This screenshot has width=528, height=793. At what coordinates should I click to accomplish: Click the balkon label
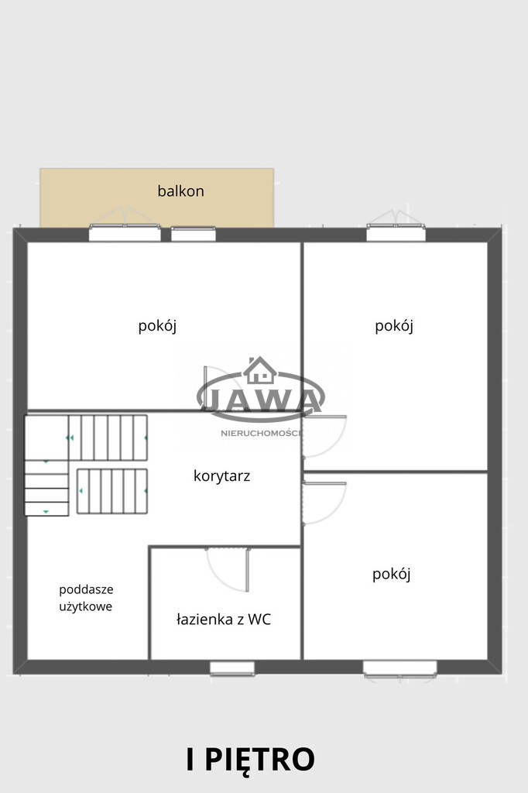point(180,191)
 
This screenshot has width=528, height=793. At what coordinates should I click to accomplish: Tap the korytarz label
point(221,476)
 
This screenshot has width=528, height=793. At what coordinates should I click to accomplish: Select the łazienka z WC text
point(224,619)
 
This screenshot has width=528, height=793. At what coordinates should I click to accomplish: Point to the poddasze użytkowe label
point(86,598)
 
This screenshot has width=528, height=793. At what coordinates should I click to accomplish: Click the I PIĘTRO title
point(251,759)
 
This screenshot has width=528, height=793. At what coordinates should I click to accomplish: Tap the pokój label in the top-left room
point(157,326)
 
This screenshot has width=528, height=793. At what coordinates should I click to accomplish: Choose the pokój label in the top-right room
point(394,326)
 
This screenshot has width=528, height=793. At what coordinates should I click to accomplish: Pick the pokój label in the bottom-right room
point(391,574)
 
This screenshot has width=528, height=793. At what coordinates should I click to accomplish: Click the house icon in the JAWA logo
point(260,370)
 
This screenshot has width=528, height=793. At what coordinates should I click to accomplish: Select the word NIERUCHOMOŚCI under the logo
point(261,434)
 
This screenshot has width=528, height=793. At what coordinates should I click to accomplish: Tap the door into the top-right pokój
point(324,436)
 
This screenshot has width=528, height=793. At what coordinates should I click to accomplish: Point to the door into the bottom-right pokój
point(324,503)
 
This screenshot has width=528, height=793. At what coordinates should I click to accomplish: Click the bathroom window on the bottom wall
point(232,668)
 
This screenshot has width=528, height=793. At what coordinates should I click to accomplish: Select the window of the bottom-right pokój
point(399,668)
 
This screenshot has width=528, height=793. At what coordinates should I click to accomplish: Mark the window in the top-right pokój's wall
point(396,232)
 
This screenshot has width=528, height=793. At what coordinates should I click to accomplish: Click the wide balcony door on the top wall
point(125,232)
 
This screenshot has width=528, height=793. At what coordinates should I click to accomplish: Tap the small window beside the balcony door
point(194,234)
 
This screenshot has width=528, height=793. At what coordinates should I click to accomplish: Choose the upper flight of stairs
point(108,438)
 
